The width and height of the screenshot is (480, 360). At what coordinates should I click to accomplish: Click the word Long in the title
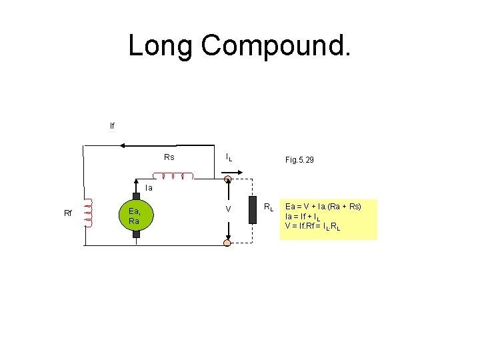160,46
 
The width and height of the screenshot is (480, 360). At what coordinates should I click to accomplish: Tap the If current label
112,125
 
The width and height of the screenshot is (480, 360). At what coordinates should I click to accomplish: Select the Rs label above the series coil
169,157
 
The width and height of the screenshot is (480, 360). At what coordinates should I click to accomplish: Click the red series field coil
173,176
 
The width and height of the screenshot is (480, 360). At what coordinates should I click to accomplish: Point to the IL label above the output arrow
229,158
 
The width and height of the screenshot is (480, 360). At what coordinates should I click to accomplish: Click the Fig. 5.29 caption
299,161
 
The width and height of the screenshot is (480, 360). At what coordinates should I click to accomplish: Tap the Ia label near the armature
149,188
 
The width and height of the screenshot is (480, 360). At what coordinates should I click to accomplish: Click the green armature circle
136,215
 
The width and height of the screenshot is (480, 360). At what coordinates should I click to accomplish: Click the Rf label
68,213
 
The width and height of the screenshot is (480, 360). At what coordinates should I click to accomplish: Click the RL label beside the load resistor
269,208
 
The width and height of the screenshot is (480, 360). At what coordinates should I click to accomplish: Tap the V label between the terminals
228,209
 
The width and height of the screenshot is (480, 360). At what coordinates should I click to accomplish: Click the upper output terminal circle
227,179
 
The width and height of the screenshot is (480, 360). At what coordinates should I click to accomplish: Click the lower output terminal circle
227,243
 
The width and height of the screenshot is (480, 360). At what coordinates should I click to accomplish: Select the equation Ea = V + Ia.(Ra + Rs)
323,207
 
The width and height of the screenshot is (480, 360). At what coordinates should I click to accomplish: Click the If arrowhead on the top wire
87,144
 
